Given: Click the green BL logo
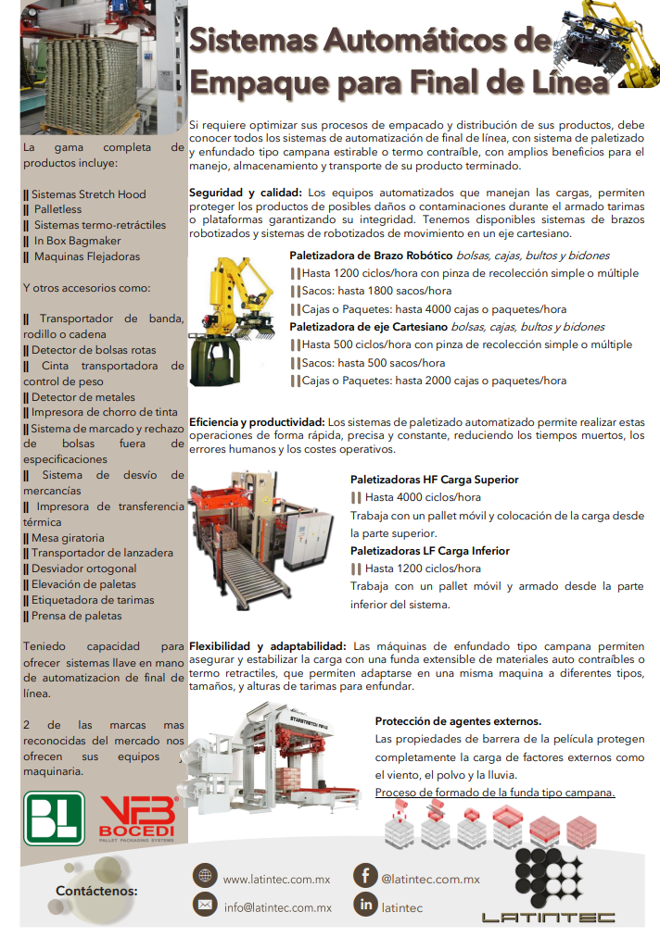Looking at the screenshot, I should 53,818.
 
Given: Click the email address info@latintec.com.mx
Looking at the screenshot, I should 277,907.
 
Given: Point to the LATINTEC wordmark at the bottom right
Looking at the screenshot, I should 547,918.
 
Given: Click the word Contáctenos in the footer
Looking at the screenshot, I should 96,891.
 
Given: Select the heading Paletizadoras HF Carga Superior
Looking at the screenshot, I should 434,480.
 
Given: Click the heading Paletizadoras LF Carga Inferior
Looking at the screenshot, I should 430,551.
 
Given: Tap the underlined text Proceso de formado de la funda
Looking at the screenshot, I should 495,793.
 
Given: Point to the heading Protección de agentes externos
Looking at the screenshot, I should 458,720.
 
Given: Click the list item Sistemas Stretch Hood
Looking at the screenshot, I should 88,194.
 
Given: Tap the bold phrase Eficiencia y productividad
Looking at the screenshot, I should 257,420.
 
